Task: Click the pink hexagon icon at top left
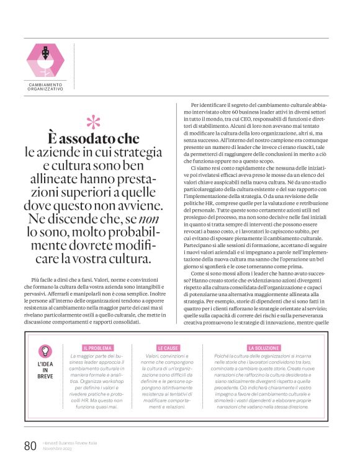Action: point(45,61)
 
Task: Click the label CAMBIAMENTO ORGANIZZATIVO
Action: point(45,87)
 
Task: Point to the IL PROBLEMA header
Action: point(97,348)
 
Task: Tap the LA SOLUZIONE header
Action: point(262,348)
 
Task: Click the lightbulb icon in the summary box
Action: point(45,351)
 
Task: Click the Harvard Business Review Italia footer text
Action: point(70,443)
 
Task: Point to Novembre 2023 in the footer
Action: point(58,449)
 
